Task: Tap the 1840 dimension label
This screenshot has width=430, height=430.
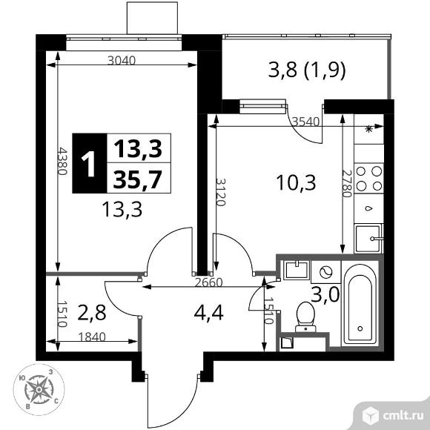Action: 93,336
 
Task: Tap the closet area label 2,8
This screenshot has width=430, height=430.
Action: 92,311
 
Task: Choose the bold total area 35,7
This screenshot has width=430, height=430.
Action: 139,179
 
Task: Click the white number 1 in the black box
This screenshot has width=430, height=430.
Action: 88,165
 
